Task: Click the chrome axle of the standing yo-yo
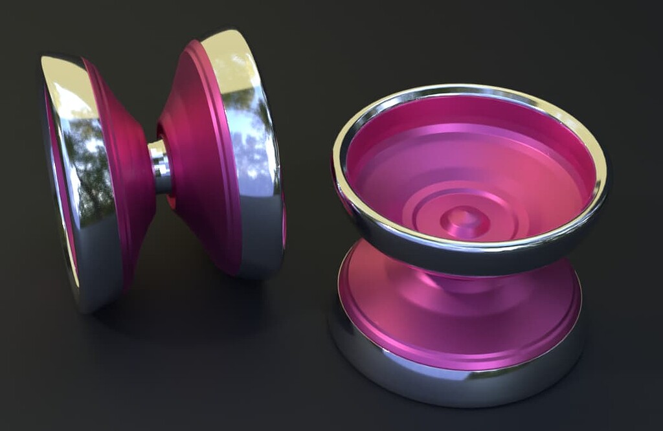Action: pyautogui.click(x=160, y=166)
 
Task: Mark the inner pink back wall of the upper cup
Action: pyautogui.click(x=466, y=116)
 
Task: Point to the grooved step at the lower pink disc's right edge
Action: pyautogui.click(x=573, y=311)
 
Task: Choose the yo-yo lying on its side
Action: pyautogui.click(x=466, y=246)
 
